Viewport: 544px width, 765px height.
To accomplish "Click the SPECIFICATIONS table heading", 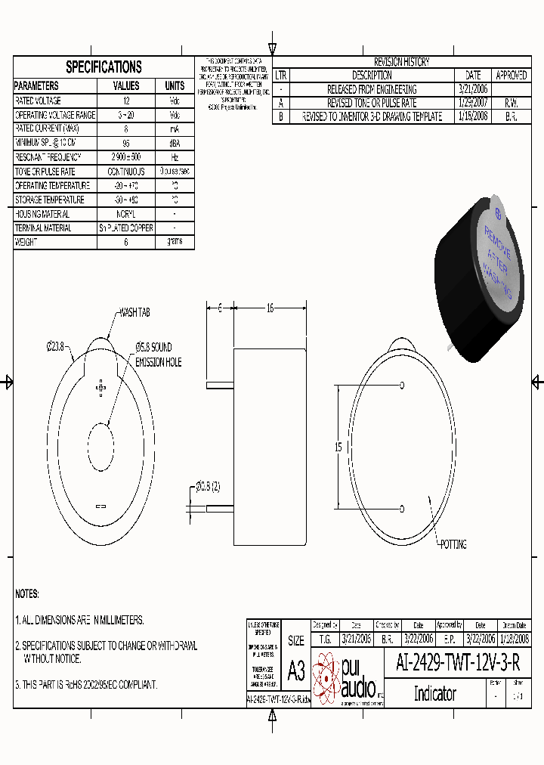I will (104, 67).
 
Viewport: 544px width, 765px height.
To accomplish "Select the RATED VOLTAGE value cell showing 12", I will (126, 101).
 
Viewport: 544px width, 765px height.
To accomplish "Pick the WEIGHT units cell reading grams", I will (175, 243).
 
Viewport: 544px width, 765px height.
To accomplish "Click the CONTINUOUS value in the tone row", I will (126, 172).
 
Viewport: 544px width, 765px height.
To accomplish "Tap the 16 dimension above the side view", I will (270, 308).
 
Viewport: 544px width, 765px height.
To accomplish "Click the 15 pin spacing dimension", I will (339, 447).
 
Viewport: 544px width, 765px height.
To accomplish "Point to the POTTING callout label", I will (453, 544).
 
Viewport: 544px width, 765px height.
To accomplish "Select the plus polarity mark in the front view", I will (100, 388).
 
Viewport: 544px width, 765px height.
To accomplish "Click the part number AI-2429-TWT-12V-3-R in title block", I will (458, 664).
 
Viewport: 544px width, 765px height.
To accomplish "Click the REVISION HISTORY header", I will (401, 62).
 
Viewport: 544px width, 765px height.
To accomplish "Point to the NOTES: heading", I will (27, 594).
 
